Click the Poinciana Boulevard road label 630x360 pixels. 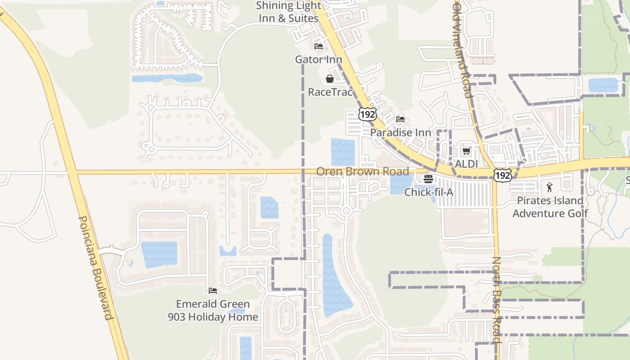pyautogui.click(x=95, y=268)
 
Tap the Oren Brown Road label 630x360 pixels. pyautogui.click(x=363, y=171)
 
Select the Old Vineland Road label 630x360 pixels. pyautogui.click(x=463, y=49)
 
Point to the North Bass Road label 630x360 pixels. pyautogui.click(x=496, y=300)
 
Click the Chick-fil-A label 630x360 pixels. pyautogui.click(x=428, y=192)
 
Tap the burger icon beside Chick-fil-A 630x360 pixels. pyautogui.click(x=428, y=179)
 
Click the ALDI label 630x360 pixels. pyautogui.click(x=466, y=164)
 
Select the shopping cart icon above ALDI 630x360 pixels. pyautogui.click(x=466, y=151)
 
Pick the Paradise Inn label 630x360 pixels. pyautogui.click(x=400, y=133)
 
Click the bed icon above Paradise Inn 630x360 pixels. pyautogui.click(x=400, y=119)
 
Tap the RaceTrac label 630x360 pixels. pyautogui.click(x=330, y=92)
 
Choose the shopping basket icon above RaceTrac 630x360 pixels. pyautogui.click(x=330, y=79)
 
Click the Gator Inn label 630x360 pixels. pyautogui.click(x=319, y=59)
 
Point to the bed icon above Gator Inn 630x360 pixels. pyautogui.click(x=319, y=46)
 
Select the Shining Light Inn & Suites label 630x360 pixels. pyautogui.click(x=288, y=12)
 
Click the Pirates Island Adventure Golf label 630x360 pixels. pyautogui.click(x=550, y=207)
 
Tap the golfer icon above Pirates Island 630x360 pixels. pyautogui.click(x=549, y=187)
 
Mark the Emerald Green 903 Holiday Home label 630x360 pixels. pyautogui.click(x=213, y=310)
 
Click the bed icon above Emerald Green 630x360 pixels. pyautogui.click(x=213, y=291)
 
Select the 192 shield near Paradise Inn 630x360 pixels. pyautogui.click(x=367, y=114)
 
